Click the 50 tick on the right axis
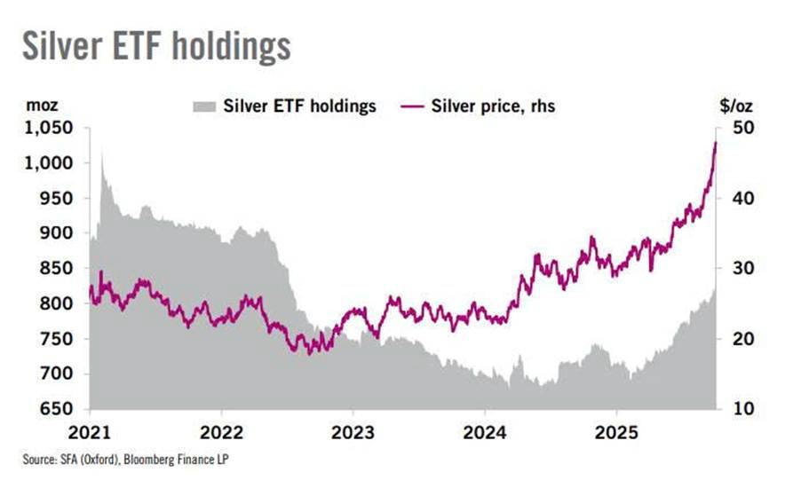click(x=742, y=128)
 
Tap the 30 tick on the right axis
click(x=742, y=269)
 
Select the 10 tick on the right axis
click(x=742, y=409)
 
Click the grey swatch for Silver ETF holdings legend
click(x=205, y=106)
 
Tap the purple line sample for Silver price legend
click(x=410, y=106)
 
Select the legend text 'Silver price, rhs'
click(x=493, y=106)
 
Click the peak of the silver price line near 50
click(x=716, y=142)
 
